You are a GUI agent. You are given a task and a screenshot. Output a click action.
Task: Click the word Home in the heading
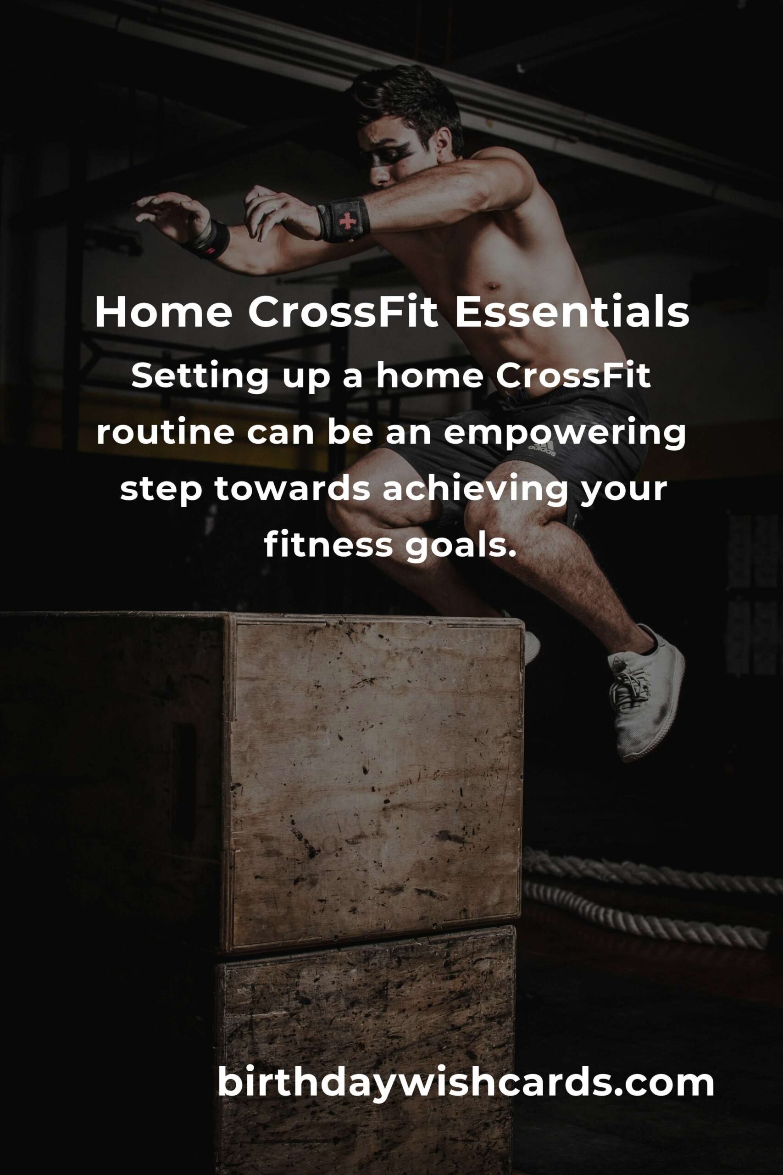(x=163, y=312)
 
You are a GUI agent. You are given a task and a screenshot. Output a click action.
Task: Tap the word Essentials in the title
(x=571, y=312)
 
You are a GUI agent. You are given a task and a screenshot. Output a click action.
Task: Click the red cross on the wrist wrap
(x=345, y=220)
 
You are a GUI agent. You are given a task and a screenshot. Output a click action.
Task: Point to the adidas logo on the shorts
(x=541, y=450)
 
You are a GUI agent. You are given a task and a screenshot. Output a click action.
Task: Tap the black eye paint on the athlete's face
(x=390, y=154)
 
